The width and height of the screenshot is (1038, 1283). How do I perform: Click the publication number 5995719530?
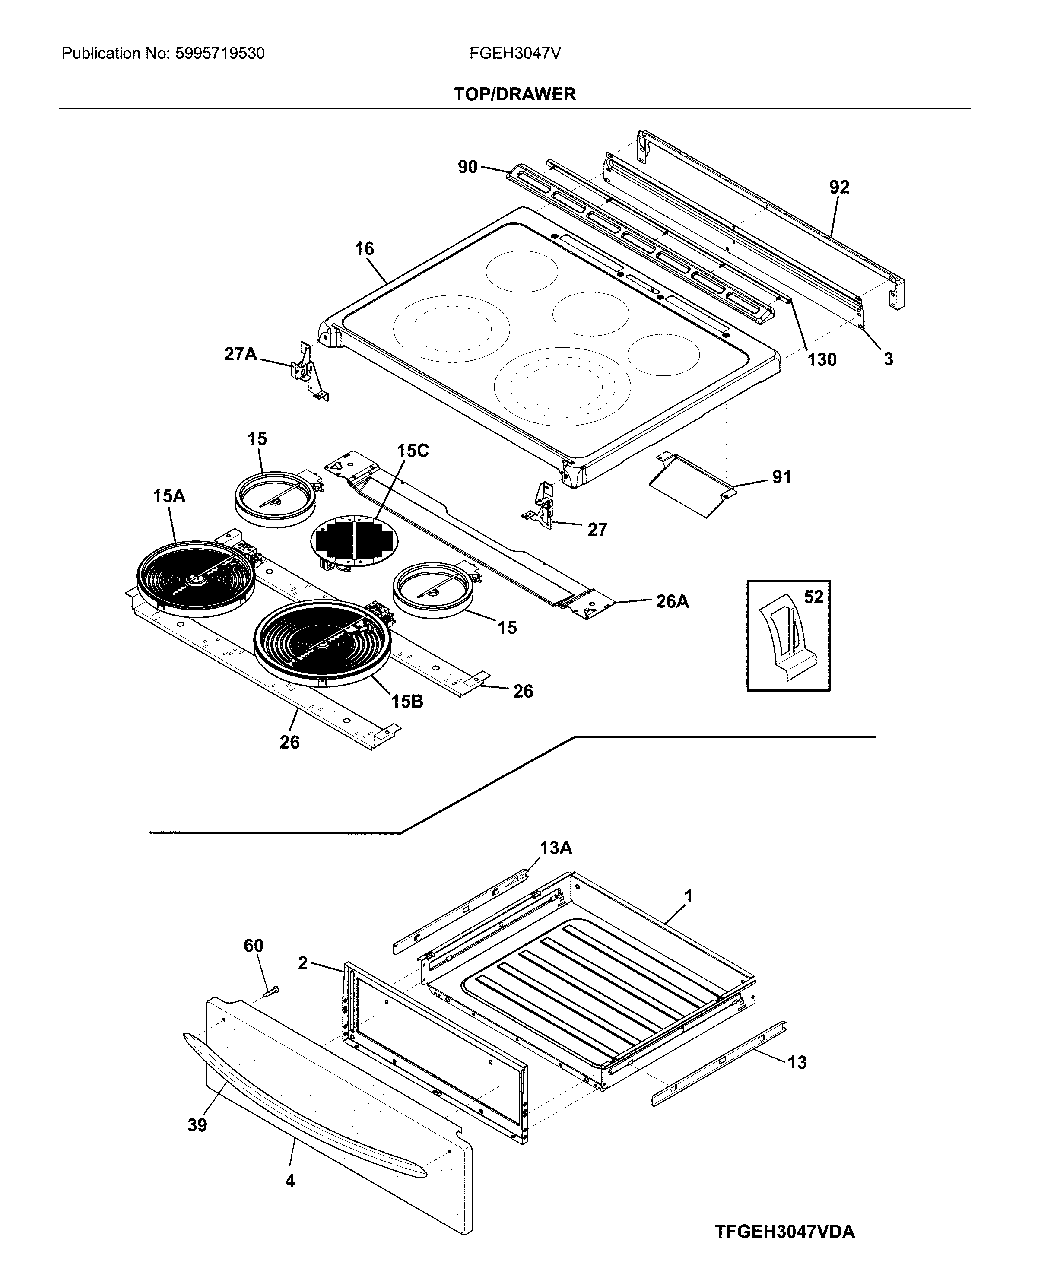[x=219, y=54]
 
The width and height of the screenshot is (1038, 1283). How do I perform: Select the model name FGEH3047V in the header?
[x=515, y=54]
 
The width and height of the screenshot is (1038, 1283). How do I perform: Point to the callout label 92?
[x=839, y=188]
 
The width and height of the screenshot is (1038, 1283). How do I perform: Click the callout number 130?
[x=822, y=360]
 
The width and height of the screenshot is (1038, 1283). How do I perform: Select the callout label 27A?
[x=240, y=355]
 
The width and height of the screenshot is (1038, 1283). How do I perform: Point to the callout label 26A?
[x=672, y=601]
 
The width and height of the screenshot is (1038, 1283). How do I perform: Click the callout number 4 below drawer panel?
[x=290, y=1181]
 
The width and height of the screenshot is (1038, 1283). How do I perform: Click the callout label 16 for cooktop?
[x=364, y=249]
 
